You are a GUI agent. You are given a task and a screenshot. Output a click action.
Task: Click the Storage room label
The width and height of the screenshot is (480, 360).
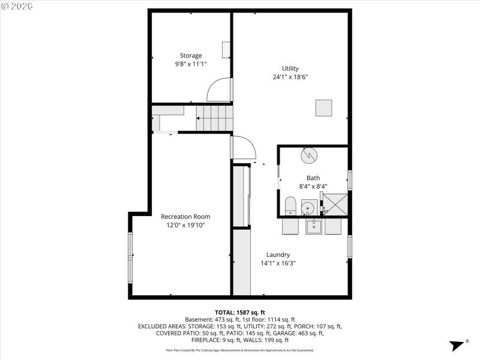(191, 55)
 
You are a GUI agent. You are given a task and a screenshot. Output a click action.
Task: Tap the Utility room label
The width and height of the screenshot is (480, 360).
(290, 68)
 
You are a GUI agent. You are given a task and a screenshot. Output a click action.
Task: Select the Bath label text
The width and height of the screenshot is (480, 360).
(313, 178)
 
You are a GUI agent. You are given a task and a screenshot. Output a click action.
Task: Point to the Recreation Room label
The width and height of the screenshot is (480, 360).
(185, 217)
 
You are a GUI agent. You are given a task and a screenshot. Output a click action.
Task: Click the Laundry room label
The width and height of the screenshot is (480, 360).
(278, 254)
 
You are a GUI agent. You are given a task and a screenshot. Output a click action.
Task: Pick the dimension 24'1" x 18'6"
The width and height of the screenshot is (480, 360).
(290, 77)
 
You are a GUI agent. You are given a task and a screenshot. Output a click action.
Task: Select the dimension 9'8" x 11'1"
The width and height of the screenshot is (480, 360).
(191, 64)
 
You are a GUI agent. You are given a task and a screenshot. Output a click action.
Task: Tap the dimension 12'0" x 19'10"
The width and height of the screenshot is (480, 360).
(185, 225)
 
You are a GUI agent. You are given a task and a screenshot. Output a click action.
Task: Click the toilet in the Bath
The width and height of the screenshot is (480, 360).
(290, 206)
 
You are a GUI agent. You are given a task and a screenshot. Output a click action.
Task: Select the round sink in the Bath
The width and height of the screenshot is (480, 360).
(308, 208)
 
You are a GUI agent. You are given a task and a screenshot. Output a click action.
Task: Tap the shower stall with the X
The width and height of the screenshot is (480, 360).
(335, 205)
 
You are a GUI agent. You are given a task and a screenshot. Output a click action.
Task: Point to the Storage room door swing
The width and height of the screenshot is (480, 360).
(220, 90)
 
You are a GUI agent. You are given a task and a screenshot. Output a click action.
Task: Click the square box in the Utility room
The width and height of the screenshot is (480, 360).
(324, 107)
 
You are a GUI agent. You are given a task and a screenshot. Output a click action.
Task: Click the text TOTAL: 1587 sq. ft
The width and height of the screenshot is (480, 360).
(240, 312)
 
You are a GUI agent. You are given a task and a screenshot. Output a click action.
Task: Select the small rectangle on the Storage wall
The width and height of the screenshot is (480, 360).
(226, 50)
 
